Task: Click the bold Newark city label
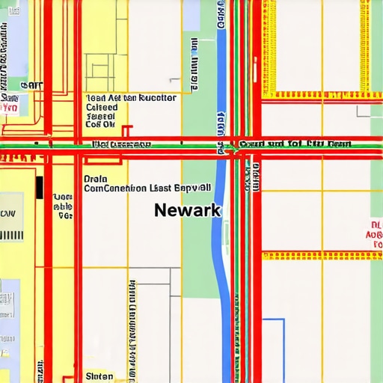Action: click(187, 210)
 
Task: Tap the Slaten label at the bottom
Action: click(99, 376)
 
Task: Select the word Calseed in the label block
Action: click(102, 107)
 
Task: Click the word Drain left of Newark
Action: click(95, 179)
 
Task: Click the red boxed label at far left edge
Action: click(9, 108)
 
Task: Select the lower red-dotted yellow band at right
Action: click(322, 255)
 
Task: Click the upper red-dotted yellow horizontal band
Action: click(322, 95)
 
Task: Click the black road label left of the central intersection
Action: click(117, 144)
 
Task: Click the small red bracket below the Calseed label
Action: click(126, 130)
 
